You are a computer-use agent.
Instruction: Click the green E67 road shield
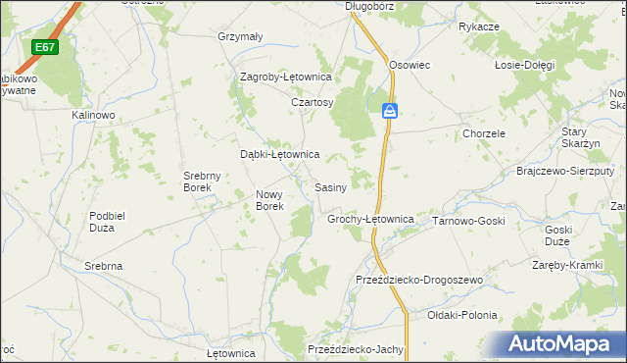[44, 47]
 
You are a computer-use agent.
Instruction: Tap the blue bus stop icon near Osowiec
[390, 111]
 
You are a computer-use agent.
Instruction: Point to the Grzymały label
[240, 37]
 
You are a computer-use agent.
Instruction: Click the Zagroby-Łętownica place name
[287, 77]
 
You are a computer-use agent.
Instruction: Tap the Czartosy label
[313, 102]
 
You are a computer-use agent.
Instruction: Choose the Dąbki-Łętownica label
[280, 154]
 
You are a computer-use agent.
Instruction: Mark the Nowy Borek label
[269, 200]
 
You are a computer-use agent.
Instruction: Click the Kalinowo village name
[94, 115]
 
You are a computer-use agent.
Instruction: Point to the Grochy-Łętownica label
[370, 220]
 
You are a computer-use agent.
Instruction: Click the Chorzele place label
[484, 133]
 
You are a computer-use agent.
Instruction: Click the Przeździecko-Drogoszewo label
[419, 281]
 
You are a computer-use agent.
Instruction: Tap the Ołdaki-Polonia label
[462, 316]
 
